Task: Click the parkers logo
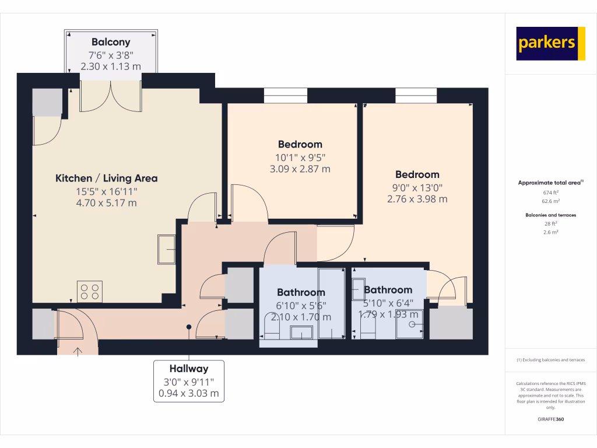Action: (x=550, y=43)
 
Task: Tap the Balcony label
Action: (x=111, y=42)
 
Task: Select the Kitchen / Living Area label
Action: (x=106, y=178)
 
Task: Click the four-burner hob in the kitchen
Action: (x=90, y=292)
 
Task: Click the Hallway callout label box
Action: (x=188, y=381)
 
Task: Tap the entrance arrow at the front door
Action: (x=78, y=350)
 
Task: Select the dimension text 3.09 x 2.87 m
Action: (x=300, y=169)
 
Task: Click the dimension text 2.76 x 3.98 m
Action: (x=417, y=199)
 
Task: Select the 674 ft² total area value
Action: (x=551, y=192)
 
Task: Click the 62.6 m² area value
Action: (x=551, y=201)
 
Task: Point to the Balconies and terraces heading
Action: (x=551, y=215)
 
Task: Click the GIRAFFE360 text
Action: (x=551, y=419)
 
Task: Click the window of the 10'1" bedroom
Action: (x=286, y=96)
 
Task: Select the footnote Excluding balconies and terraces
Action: (x=551, y=360)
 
